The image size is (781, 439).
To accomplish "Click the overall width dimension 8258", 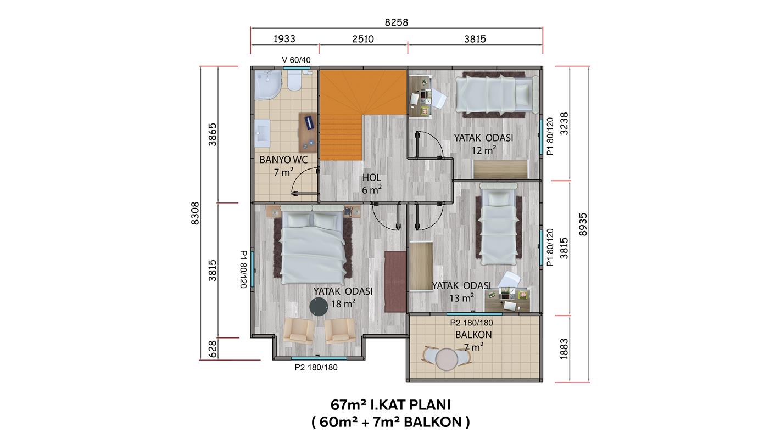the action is (396, 22).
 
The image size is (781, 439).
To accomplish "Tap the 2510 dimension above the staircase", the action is (363, 38).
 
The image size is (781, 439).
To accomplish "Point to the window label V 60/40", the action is (296, 60).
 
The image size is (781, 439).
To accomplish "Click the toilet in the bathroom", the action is (294, 81).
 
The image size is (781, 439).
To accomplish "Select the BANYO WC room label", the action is (283, 160).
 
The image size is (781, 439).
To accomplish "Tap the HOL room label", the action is (371, 177).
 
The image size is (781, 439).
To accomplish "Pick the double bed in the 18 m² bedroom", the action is (313, 244).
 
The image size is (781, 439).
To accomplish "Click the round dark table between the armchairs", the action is (319, 307).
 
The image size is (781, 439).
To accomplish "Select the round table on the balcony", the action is (447, 359).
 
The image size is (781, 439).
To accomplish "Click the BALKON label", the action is (473, 335).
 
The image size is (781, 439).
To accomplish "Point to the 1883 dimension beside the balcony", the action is (564, 349).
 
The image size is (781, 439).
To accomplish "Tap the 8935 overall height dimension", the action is (583, 224).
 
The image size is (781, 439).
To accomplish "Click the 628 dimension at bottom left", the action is (213, 349).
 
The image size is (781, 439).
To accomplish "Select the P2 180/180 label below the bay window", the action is (316, 367).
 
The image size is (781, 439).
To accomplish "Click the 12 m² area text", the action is (484, 150).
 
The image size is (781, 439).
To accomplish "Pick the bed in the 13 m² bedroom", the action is (498, 225).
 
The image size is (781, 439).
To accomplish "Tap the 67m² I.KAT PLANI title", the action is (390, 405).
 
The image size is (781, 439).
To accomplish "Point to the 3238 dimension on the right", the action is (564, 123).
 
